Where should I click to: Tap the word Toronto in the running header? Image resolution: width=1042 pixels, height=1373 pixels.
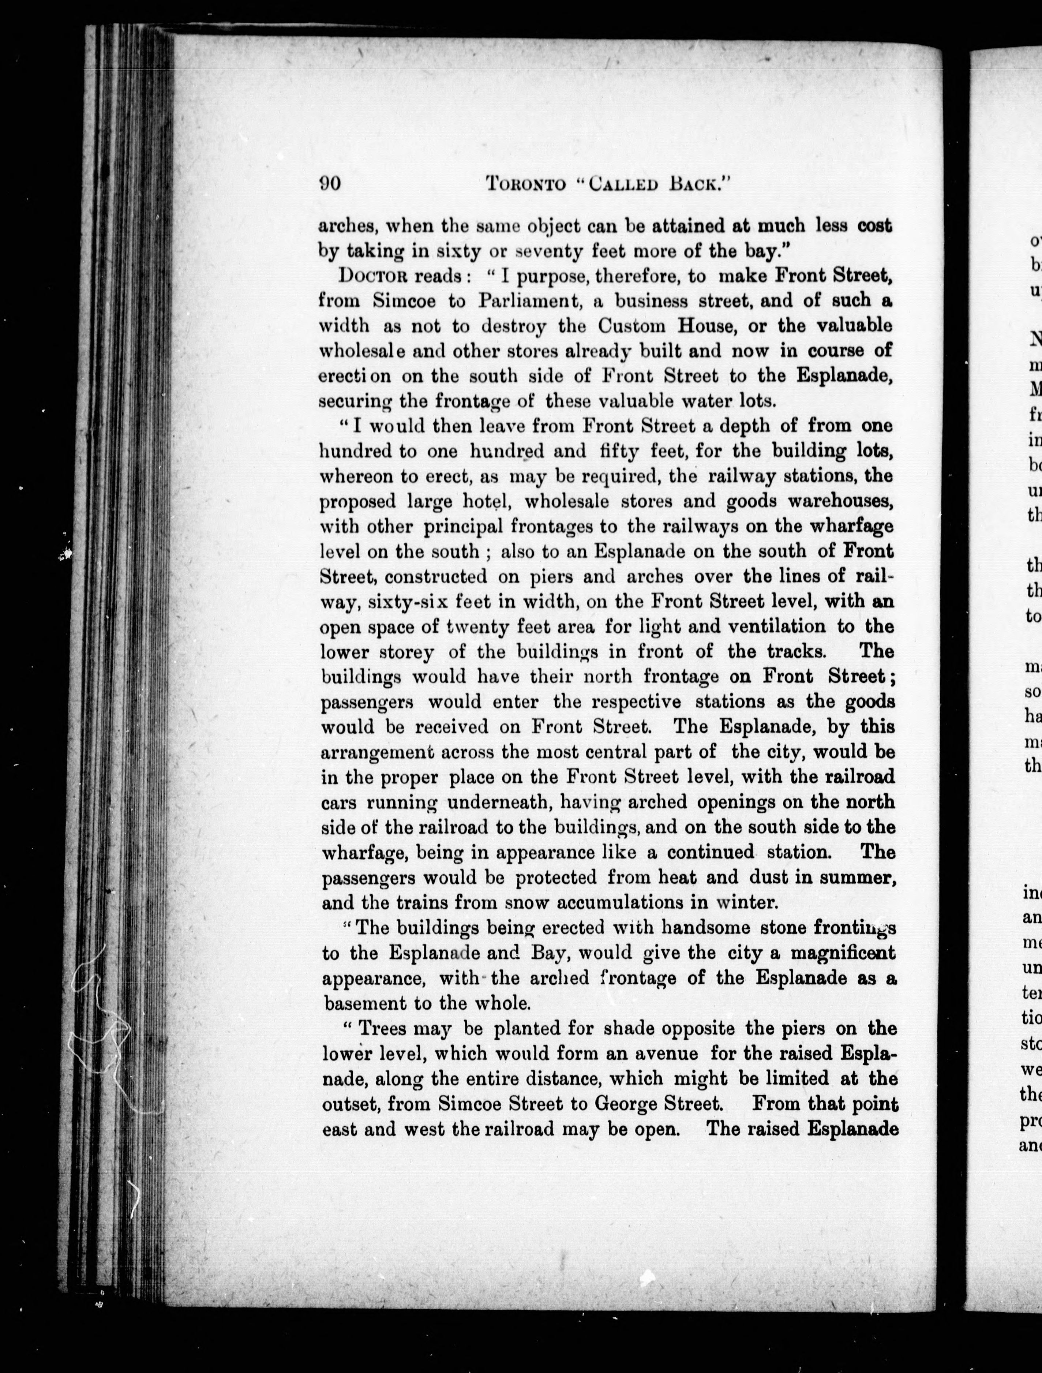(x=526, y=184)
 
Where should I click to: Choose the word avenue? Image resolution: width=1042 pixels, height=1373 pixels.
(x=665, y=1054)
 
